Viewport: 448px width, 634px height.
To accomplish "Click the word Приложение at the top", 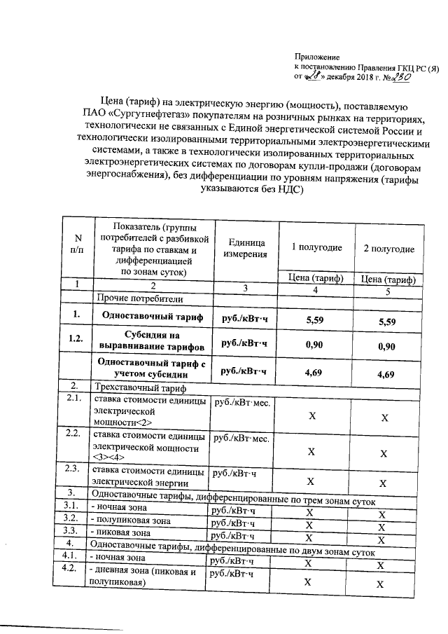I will click(316, 55).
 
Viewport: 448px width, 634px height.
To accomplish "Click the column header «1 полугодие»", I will click(316, 249).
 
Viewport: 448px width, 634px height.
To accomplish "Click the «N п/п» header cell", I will click(78, 246).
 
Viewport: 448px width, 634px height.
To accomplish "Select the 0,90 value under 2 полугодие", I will click(386, 347).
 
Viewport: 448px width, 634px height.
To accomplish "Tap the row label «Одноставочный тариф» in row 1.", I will click(153, 318).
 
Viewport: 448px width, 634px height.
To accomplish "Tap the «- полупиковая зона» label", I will click(130, 521).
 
